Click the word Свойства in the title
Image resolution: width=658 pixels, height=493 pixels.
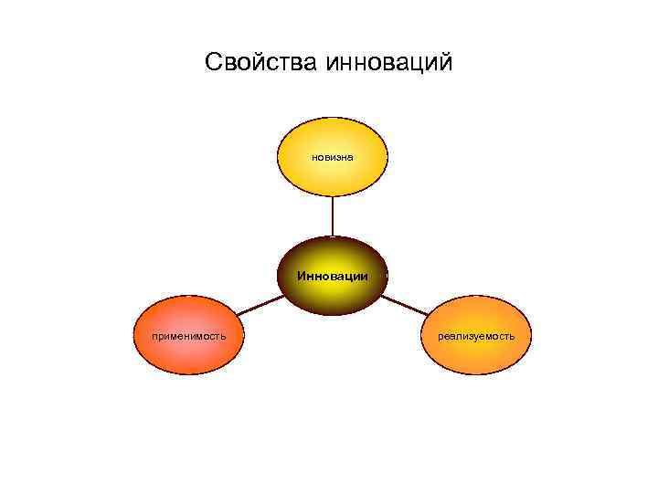(256, 63)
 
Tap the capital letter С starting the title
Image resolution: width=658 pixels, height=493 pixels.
(213, 63)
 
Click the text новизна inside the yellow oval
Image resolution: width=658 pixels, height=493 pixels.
(332, 157)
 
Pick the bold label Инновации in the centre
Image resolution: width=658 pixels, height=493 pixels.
(332, 275)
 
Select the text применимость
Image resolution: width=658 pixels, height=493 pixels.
(189, 336)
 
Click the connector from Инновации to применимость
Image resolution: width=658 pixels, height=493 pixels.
(260, 305)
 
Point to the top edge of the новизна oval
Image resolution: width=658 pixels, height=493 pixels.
(332, 120)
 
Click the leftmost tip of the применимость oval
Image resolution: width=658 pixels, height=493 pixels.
(134, 335)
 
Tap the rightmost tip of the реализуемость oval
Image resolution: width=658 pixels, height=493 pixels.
(530, 335)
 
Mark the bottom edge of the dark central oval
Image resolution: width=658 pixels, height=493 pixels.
(332, 313)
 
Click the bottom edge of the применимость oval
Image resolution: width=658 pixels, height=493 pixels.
(189, 375)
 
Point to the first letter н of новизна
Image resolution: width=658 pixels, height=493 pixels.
(313, 157)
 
